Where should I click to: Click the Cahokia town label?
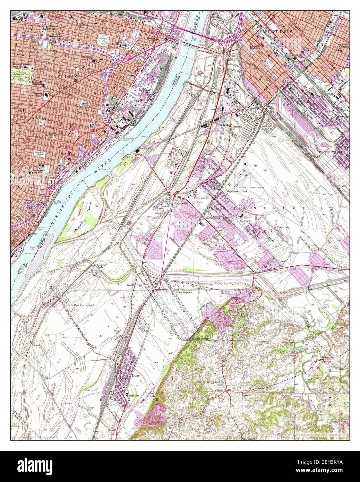[x=182, y=204]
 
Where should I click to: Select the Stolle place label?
[x=225, y=293]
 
